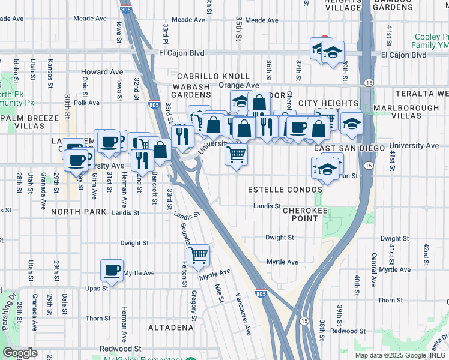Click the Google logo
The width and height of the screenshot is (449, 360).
click(20, 353)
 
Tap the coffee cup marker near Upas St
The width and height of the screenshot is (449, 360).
click(112, 270)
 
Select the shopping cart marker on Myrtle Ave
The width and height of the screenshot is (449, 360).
click(198, 256)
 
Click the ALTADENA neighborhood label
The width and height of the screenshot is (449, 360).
click(171, 328)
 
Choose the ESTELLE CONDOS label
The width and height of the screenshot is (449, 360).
click(285, 190)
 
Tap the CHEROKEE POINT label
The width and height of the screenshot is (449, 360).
click(304, 214)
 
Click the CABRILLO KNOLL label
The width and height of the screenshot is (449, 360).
click(213, 76)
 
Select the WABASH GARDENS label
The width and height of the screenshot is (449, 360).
click(191, 91)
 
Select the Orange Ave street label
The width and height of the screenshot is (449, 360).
click(238, 85)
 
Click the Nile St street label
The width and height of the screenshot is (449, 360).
click(218, 293)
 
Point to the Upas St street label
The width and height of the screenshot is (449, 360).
click(96, 288)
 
